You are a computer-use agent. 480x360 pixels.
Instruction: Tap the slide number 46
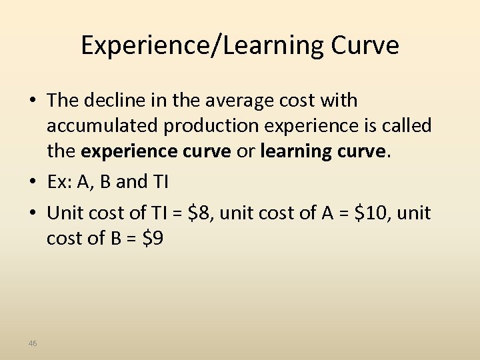pyautogui.click(x=33, y=343)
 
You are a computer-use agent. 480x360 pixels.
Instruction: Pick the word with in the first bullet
pyautogui.click(x=340, y=101)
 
